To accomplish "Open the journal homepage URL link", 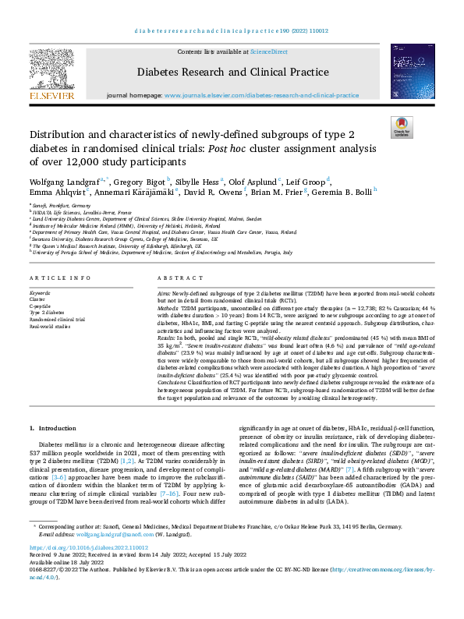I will click(262, 95).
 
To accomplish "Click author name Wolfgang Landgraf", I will click(63, 182).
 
